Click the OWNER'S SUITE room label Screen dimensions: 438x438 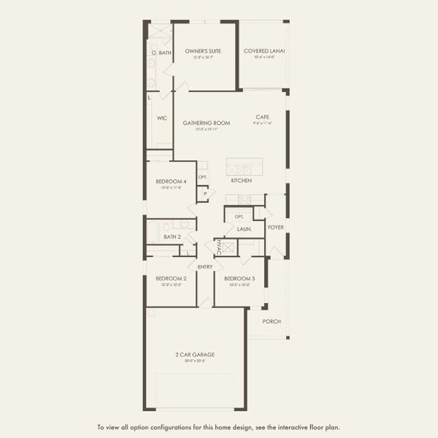coord(203,51)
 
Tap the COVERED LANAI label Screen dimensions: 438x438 coord(264,51)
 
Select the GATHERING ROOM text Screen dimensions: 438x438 coord(207,123)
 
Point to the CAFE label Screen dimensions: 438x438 coord(263,117)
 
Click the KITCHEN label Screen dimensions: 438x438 coord(242,180)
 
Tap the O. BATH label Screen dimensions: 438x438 coord(161,53)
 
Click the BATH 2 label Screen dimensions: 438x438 coord(172,237)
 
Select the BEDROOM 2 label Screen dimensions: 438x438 coord(171,278)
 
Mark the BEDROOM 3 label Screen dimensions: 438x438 coord(239,278)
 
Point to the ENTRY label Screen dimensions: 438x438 coord(205,266)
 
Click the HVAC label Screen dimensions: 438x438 coord(218,247)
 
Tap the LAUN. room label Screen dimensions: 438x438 coord(244,229)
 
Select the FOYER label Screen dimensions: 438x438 coord(276,227)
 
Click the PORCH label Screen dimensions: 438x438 coord(272,321)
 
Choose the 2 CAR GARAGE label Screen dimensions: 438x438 coord(195,355)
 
